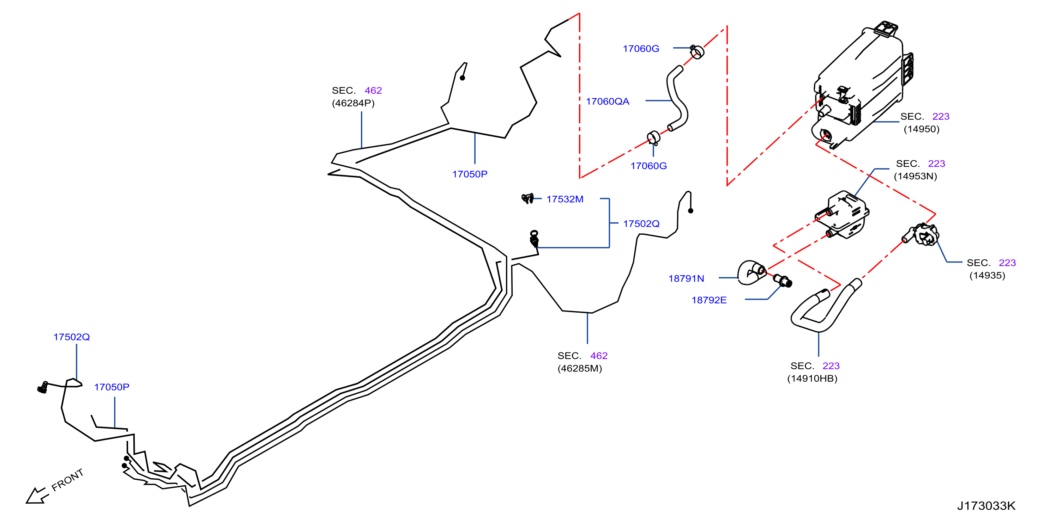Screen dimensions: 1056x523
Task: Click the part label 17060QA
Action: (x=607, y=101)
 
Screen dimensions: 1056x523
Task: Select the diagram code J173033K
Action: (x=986, y=505)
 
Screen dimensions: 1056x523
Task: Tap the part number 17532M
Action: (x=565, y=199)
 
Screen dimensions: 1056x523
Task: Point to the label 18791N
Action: (x=686, y=278)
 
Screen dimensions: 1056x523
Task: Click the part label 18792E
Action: (x=709, y=300)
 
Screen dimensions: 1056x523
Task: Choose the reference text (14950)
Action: (x=922, y=129)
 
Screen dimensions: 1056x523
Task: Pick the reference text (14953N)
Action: (x=915, y=176)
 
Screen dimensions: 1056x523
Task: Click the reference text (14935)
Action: (x=987, y=275)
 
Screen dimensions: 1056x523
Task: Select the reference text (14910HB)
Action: (x=812, y=379)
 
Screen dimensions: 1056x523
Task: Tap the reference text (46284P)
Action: (x=353, y=103)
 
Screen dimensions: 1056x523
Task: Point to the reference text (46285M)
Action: (x=580, y=369)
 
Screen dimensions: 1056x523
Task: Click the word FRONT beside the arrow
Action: (x=67, y=480)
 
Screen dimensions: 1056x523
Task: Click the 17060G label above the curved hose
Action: (x=641, y=49)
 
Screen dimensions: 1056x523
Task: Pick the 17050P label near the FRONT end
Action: (x=111, y=387)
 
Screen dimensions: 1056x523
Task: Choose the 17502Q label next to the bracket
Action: (x=641, y=224)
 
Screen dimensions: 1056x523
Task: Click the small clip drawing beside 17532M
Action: (x=527, y=199)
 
